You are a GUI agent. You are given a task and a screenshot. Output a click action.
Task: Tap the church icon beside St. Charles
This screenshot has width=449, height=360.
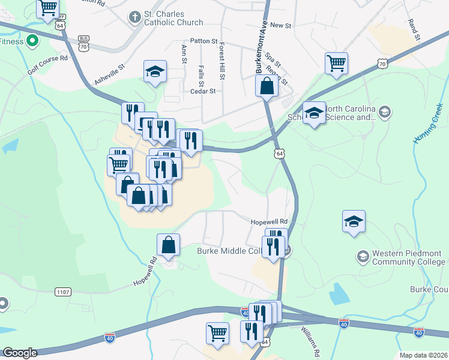[x=134, y=17]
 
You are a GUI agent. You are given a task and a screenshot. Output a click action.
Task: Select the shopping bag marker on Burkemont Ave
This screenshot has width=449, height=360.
[x=266, y=86]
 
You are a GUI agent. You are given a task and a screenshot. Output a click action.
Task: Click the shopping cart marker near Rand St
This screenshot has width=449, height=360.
[x=336, y=63]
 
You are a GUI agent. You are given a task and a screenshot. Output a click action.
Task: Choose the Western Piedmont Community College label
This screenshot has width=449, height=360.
[x=409, y=257]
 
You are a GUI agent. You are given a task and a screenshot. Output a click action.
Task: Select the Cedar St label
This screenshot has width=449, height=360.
[x=202, y=92]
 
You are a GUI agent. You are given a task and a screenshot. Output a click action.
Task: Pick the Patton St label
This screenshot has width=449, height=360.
[x=203, y=41]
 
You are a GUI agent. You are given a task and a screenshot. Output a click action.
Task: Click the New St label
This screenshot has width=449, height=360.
[x=280, y=25]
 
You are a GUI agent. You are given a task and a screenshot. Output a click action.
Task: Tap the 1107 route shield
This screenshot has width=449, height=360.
[x=62, y=292]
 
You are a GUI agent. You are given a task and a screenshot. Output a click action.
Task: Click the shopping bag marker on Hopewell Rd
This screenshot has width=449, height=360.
[x=169, y=244]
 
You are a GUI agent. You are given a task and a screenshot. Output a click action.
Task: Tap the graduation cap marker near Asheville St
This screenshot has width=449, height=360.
[x=155, y=73]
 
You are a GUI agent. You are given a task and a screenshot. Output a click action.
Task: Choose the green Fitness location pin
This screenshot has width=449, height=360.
[x=32, y=41]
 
